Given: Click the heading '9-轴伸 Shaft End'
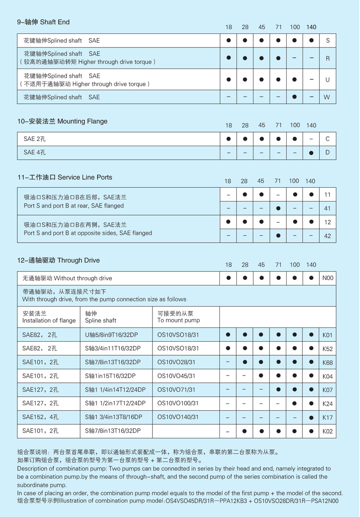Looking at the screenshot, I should (x=43, y=22).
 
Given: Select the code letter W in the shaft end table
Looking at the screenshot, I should (x=327, y=97).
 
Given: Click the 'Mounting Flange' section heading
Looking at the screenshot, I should (x=62, y=122).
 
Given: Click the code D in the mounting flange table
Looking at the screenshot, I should (x=327, y=152).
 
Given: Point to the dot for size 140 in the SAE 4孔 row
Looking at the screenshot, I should (x=311, y=152).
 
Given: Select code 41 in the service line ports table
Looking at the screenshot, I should (x=327, y=208).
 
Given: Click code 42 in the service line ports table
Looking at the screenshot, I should (x=327, y=236).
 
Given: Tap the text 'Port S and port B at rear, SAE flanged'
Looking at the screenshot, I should (x=74, y=206).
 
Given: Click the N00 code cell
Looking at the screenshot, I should (x=328, y=278).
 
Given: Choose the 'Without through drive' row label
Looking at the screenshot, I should (x=67, y=278).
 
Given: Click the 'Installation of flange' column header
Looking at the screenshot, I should (x=49, y=321).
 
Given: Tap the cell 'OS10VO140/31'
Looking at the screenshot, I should (x=178, y=417).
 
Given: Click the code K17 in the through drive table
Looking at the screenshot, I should (x=328, y=417).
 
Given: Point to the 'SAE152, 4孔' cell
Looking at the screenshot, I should (x=41, y=417).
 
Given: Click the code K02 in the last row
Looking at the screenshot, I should (x=328, y=431).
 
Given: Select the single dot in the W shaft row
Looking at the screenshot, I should (x=295, y=97).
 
